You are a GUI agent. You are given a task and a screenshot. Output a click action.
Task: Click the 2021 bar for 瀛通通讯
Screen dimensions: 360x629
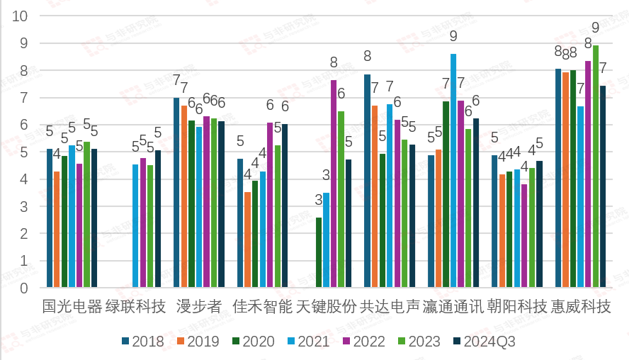tap(453, 171)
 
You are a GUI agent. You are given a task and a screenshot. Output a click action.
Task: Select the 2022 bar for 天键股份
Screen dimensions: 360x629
tap(334, 184)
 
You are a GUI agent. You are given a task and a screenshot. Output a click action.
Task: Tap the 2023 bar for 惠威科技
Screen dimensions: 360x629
tap(596, 167)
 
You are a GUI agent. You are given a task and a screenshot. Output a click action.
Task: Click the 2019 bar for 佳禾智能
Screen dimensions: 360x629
tap(247, 240)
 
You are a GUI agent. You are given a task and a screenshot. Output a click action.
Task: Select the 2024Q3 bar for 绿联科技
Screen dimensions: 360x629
tap(158, 220)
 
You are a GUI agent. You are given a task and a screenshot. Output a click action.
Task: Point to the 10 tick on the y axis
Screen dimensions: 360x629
tap(21, 16)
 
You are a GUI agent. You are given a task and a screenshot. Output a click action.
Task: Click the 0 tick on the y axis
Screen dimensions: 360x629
tap(23, 288)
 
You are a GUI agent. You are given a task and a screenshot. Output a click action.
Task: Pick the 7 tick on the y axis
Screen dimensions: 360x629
tap(23, 98)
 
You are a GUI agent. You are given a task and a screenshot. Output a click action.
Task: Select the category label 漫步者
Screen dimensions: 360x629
tap(199, 307)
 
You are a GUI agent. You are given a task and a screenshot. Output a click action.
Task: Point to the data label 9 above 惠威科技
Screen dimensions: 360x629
tap(596, 28)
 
